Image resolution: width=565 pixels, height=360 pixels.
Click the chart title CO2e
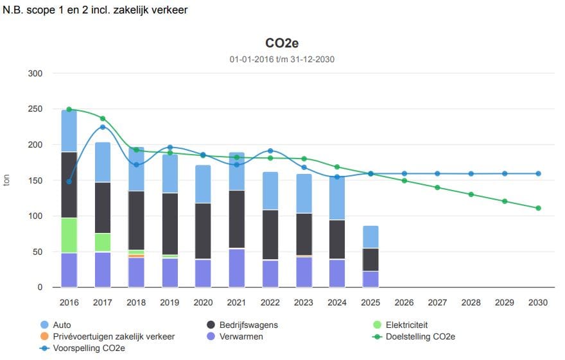click(282, 43)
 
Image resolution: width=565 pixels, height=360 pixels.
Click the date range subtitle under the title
click(282, 60)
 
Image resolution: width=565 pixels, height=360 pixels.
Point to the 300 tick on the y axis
click(35, 74)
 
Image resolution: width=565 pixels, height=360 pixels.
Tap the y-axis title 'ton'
click(7, 180)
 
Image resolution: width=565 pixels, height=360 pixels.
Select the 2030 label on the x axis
click(538, 302)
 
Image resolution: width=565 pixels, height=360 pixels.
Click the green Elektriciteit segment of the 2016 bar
click(69, 236)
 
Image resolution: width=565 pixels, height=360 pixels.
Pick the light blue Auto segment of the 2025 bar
click(370, 237)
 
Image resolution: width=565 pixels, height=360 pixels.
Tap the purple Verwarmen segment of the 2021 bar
click(237, 268)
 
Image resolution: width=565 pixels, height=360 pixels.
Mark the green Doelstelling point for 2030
click(538, 208)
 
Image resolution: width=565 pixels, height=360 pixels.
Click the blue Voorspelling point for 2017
click(103, 127)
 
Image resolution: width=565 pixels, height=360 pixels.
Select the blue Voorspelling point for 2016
click(69, 181)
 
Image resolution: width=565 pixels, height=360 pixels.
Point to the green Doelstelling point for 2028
click(471, 194)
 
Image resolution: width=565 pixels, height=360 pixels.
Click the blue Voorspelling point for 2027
click(438, 173)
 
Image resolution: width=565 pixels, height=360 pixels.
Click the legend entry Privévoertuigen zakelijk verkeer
click(112, 336)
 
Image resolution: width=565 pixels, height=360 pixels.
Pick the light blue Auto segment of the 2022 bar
click(270, 191)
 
